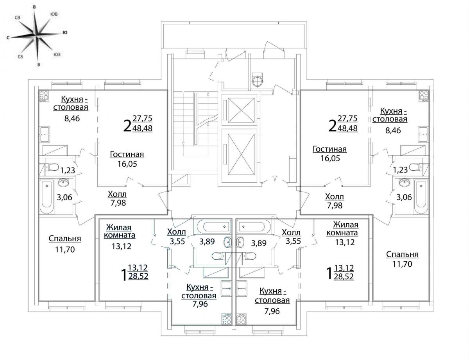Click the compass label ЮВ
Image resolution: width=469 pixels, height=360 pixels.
pyautogui.click(x=54, y=14)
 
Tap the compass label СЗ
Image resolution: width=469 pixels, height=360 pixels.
pyautogui.click(x=20, y=57)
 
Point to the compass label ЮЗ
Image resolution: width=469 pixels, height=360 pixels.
pyautogui.click(x=57, y=55)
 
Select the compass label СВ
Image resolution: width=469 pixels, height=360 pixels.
pyautogui.click(x=18, y=18)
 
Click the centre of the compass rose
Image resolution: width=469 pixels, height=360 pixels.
pyautogui.click(x=37, y=36)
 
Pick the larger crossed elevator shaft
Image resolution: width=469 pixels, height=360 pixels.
pyautogui.click(x=241, y=153)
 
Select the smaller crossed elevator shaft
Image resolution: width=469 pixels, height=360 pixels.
pyautogui.click(x=241, y=110)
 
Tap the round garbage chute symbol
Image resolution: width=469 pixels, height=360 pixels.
pyautogui.click(x=258, y=82)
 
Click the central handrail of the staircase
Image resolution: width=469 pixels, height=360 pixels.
pyautogui.click(x=195, y=119)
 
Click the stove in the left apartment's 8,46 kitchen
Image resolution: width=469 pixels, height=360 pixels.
pyautogui.click(x=44, y=96)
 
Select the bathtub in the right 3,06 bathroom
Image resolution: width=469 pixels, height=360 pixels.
pyautogui.click(x=421, y=197)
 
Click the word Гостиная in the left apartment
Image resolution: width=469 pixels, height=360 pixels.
pyautogui.click(x=127, y=154)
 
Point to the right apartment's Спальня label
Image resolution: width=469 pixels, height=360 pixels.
pyautogui.click(x=402, y=255)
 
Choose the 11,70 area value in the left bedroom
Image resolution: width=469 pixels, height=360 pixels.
pyautogui.click(x=65, y=250)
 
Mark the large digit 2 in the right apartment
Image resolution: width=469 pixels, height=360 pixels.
pyautogui.click(x=332, y=126)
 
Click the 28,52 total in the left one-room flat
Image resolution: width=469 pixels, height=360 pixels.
pyautogui.click(x=138, y=276)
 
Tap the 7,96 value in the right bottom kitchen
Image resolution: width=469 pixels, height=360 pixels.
pyautogui.click(x=272, y=311)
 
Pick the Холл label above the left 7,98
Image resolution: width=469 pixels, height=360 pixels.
pyautogui.click(x=117, y=194)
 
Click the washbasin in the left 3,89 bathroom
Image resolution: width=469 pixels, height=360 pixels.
pyautogui.click(x=227, y=242)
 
